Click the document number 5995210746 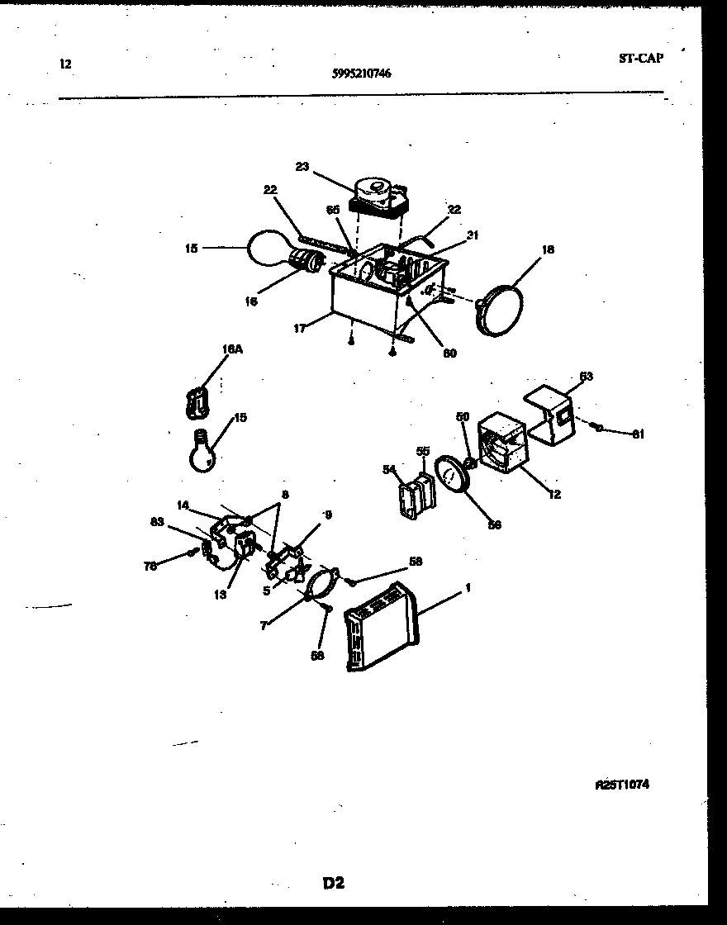(x=361, y=73)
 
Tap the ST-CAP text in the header (x=640, y=58)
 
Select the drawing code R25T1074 (x=621, y=785)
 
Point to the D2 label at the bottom (x=333, y=883)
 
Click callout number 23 (x=302, y=167)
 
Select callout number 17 (x=299, y=328)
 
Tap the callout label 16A (x=232, y=350)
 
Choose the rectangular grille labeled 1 (x=382, y=627)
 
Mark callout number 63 (x=586, y=377)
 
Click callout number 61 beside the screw (x=637, y=434)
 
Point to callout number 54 (x=389, y=469)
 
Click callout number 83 (x=156, y=521)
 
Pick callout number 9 (x=327, y=515)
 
